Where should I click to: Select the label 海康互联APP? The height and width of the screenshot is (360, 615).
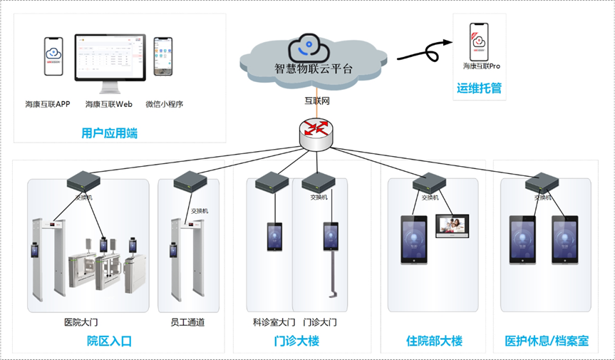click(48, 104)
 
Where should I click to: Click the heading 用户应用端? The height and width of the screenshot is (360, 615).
click(109, 133)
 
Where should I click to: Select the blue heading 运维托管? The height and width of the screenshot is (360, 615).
click(479, 88)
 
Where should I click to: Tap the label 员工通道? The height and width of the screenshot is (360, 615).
click(187, 322)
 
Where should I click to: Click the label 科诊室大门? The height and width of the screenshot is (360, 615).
click(274, 322)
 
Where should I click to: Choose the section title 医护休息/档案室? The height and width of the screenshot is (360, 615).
click(547, 341)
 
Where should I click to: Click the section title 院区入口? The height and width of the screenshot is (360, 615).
click(109, 341)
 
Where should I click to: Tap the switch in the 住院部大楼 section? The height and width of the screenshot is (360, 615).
click(428, 182)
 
